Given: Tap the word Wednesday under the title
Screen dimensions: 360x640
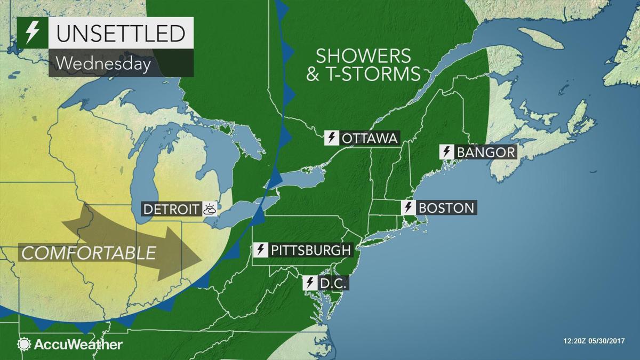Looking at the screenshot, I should click(102, 63).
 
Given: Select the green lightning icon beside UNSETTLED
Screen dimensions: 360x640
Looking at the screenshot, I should click(33, 34).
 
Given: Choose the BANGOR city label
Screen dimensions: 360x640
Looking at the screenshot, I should click(485, 152).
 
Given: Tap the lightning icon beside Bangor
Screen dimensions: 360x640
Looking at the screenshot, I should click(446, 152).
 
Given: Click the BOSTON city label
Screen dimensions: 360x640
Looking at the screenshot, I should click(446, 207).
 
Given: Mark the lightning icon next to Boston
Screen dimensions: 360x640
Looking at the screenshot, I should click(409, 207).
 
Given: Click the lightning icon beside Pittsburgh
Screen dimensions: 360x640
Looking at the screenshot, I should click(261, 250).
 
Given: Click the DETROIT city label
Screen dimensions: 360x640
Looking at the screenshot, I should click(171, 209).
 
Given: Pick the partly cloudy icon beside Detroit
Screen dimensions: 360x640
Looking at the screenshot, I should click(210, 209).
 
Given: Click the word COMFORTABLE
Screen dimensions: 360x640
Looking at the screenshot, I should click(89, 252).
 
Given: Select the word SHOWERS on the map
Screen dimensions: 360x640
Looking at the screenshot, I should click(363, 55).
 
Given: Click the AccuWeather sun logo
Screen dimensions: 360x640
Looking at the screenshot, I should click(25, 345).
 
